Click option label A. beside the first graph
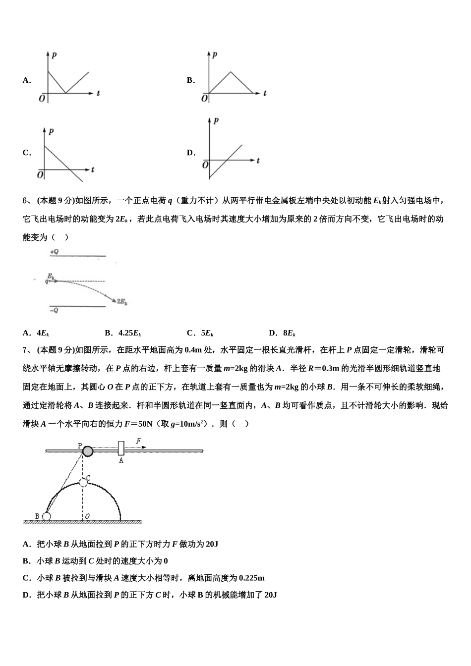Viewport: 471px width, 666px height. (x=27, y=80)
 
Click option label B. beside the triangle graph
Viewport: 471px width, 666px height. (x=191, y=80)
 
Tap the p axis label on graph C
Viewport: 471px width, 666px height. (x=51, y=131)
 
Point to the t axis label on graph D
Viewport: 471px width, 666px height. (x=258, y=161)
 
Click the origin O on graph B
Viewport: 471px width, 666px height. (x=204, y=99)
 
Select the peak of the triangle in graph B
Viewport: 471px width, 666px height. (x=230, y=72)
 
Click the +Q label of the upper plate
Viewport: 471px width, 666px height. (x=54, y=252)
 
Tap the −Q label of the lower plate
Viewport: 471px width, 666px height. (x=54, y=310)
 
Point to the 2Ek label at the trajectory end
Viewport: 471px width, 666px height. (x=122, y=301)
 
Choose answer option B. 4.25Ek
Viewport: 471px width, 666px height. (x=123, y=333)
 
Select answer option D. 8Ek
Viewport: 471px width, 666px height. (x=282, y=333)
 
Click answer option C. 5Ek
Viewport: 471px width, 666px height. (x=200, y=333)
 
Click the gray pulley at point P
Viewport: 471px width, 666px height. (x=87, y=451)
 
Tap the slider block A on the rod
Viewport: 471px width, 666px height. (x=120, y=448)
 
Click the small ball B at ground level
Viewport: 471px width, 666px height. (x=46, y=516)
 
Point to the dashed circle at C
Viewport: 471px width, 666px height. (x=83, y=482)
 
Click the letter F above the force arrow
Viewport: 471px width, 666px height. (x=138, y=441)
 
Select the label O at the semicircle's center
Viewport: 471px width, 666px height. (x=87, y=516)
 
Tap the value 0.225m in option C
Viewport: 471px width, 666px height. (x=251, y=578)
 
